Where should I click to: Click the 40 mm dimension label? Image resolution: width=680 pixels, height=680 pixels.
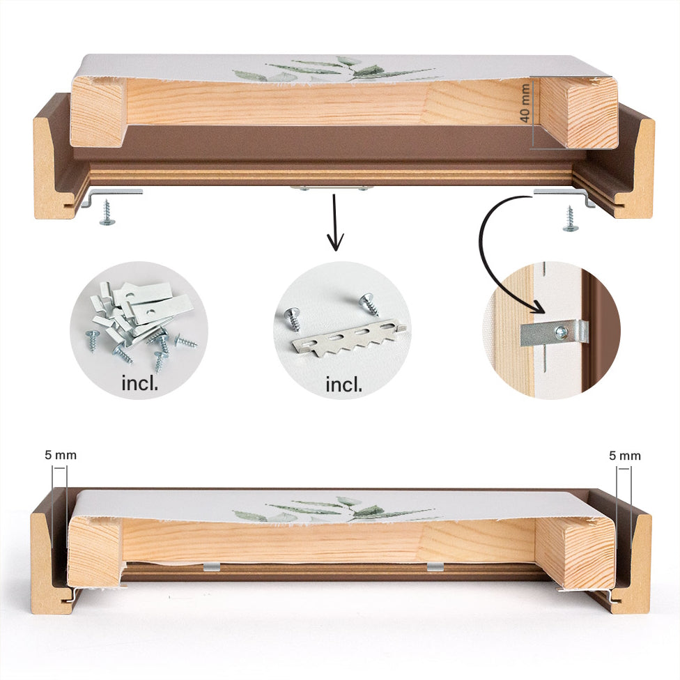coord(525,103)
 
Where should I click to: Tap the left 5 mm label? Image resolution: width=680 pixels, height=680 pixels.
coord(61,456)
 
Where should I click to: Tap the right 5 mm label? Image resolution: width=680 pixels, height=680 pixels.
coord(624,456)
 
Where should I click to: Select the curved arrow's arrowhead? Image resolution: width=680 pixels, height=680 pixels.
coord(538,307)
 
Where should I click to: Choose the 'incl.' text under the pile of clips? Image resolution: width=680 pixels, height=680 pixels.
coord(139,383)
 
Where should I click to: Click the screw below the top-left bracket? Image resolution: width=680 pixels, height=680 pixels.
coord(107,213)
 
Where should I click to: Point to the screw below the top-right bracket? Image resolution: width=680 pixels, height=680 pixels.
coord(570,219)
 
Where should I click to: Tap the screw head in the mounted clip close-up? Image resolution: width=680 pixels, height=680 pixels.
coord(562,332)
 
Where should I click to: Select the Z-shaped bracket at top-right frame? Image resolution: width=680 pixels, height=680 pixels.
coord(564,196)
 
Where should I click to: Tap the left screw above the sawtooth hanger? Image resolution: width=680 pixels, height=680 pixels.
coord(293,319)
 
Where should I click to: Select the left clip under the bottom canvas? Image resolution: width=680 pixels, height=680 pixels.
coord(211,567)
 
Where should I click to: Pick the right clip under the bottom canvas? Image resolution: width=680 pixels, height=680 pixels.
coord(435,566)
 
